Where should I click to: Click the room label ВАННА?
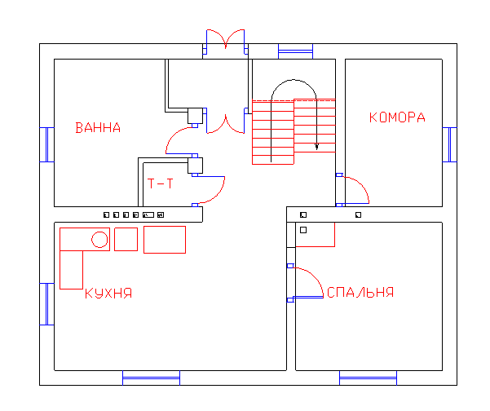(x=98, y=128)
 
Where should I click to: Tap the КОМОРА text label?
(x=397, y=117)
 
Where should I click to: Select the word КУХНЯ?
(x=108, y=294)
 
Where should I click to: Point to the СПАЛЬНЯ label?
(x=360, y=292)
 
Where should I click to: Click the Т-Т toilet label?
(x=160, y=183)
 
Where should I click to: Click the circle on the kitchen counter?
(x=99, y=240)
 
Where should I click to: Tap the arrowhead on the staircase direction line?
(x=316, y=147)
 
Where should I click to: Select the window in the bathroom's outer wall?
(x=46, y=144)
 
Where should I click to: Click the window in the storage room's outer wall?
(x=450, y=144)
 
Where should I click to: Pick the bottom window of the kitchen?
(x=152, y=378)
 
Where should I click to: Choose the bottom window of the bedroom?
(x=369, y=378)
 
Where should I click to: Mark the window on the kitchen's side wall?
(x=46, y=304)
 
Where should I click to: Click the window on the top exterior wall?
(x=296, y=51)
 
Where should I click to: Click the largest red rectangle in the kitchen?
(x=165, y=240)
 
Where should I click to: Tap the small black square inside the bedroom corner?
(x=303, y=230)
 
